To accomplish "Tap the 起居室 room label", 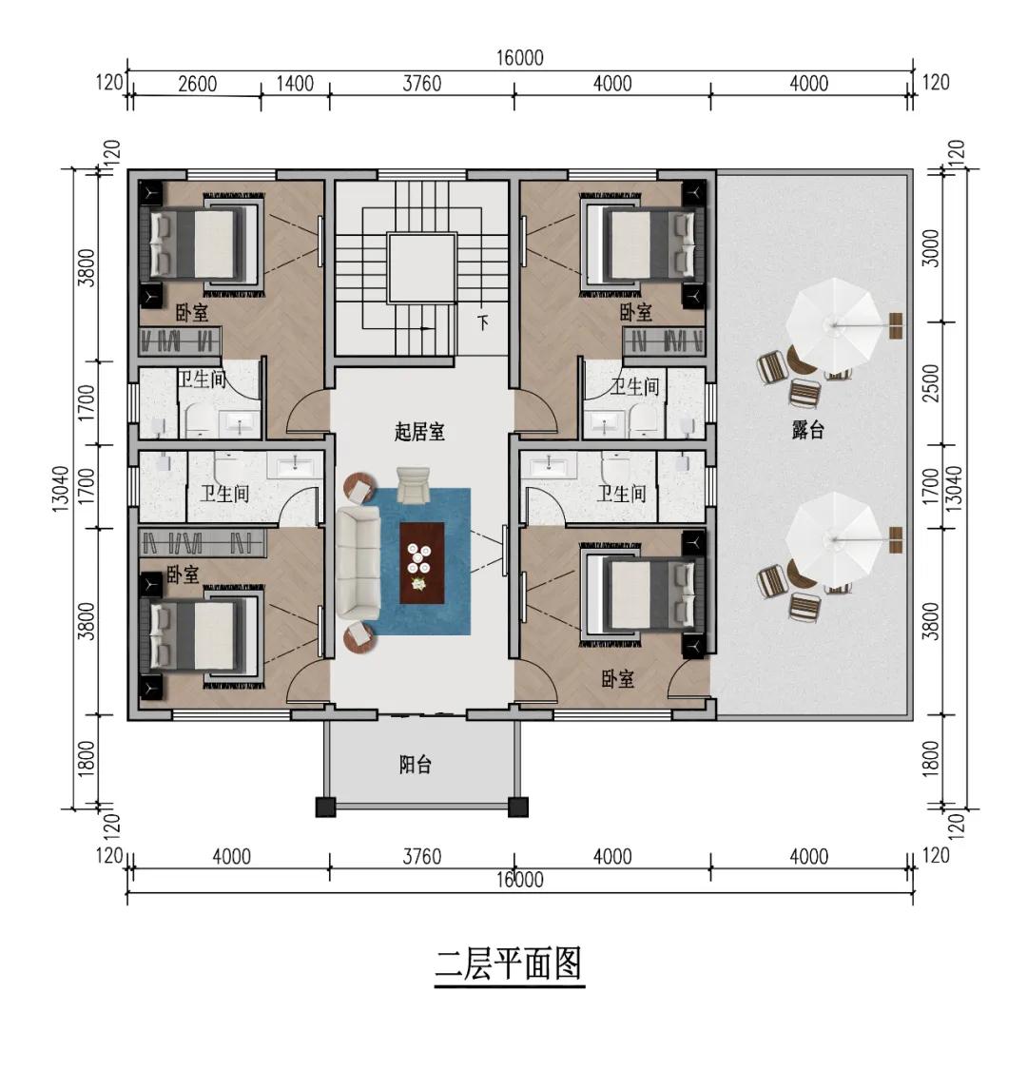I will click(x=419, y=432).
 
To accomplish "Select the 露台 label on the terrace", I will click(x=807, y=430).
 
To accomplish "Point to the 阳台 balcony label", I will click(x=416, y=764).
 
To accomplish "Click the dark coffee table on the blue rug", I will click(x=421, y=562).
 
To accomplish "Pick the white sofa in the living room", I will click(x=358, y=561).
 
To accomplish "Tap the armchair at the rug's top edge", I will click(x=413, y=483).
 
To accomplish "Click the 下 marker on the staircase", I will click(x=483, y=322).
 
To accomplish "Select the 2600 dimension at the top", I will click(x=197, y=84).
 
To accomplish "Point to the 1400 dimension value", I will click(x=295, y=84).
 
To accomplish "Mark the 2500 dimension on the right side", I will click(x=933, y=382).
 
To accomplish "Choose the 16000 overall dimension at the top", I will click(x=519, y=58).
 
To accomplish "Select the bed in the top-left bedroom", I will click(x=203, y=243).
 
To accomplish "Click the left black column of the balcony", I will click(x=326, y=808).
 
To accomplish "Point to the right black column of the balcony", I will click(x=518, y=808).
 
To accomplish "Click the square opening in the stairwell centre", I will click(x=421, y=267).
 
